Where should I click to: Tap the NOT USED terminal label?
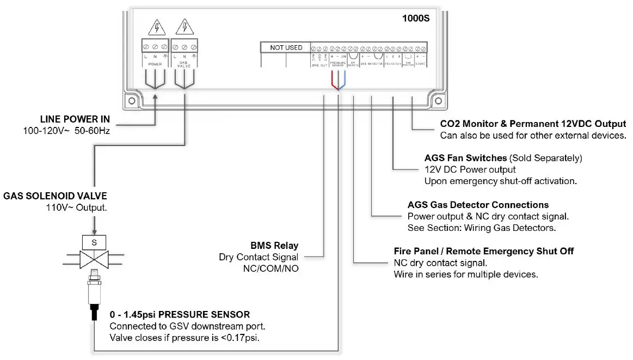tap(286, 48)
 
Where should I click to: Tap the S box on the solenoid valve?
tap(94, 241)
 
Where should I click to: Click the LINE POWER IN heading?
tap(75, 119)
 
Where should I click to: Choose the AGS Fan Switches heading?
tap(465, 158)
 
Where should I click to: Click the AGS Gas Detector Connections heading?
tap(478, 205)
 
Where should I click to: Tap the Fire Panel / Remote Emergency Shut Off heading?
tap(483, 251)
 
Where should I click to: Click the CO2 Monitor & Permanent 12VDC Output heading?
tap(532, 124)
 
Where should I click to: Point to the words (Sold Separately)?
tap(545, 158)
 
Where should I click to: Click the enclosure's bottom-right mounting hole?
tap(436, 101)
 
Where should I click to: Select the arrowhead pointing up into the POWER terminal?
tap(155, 97)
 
